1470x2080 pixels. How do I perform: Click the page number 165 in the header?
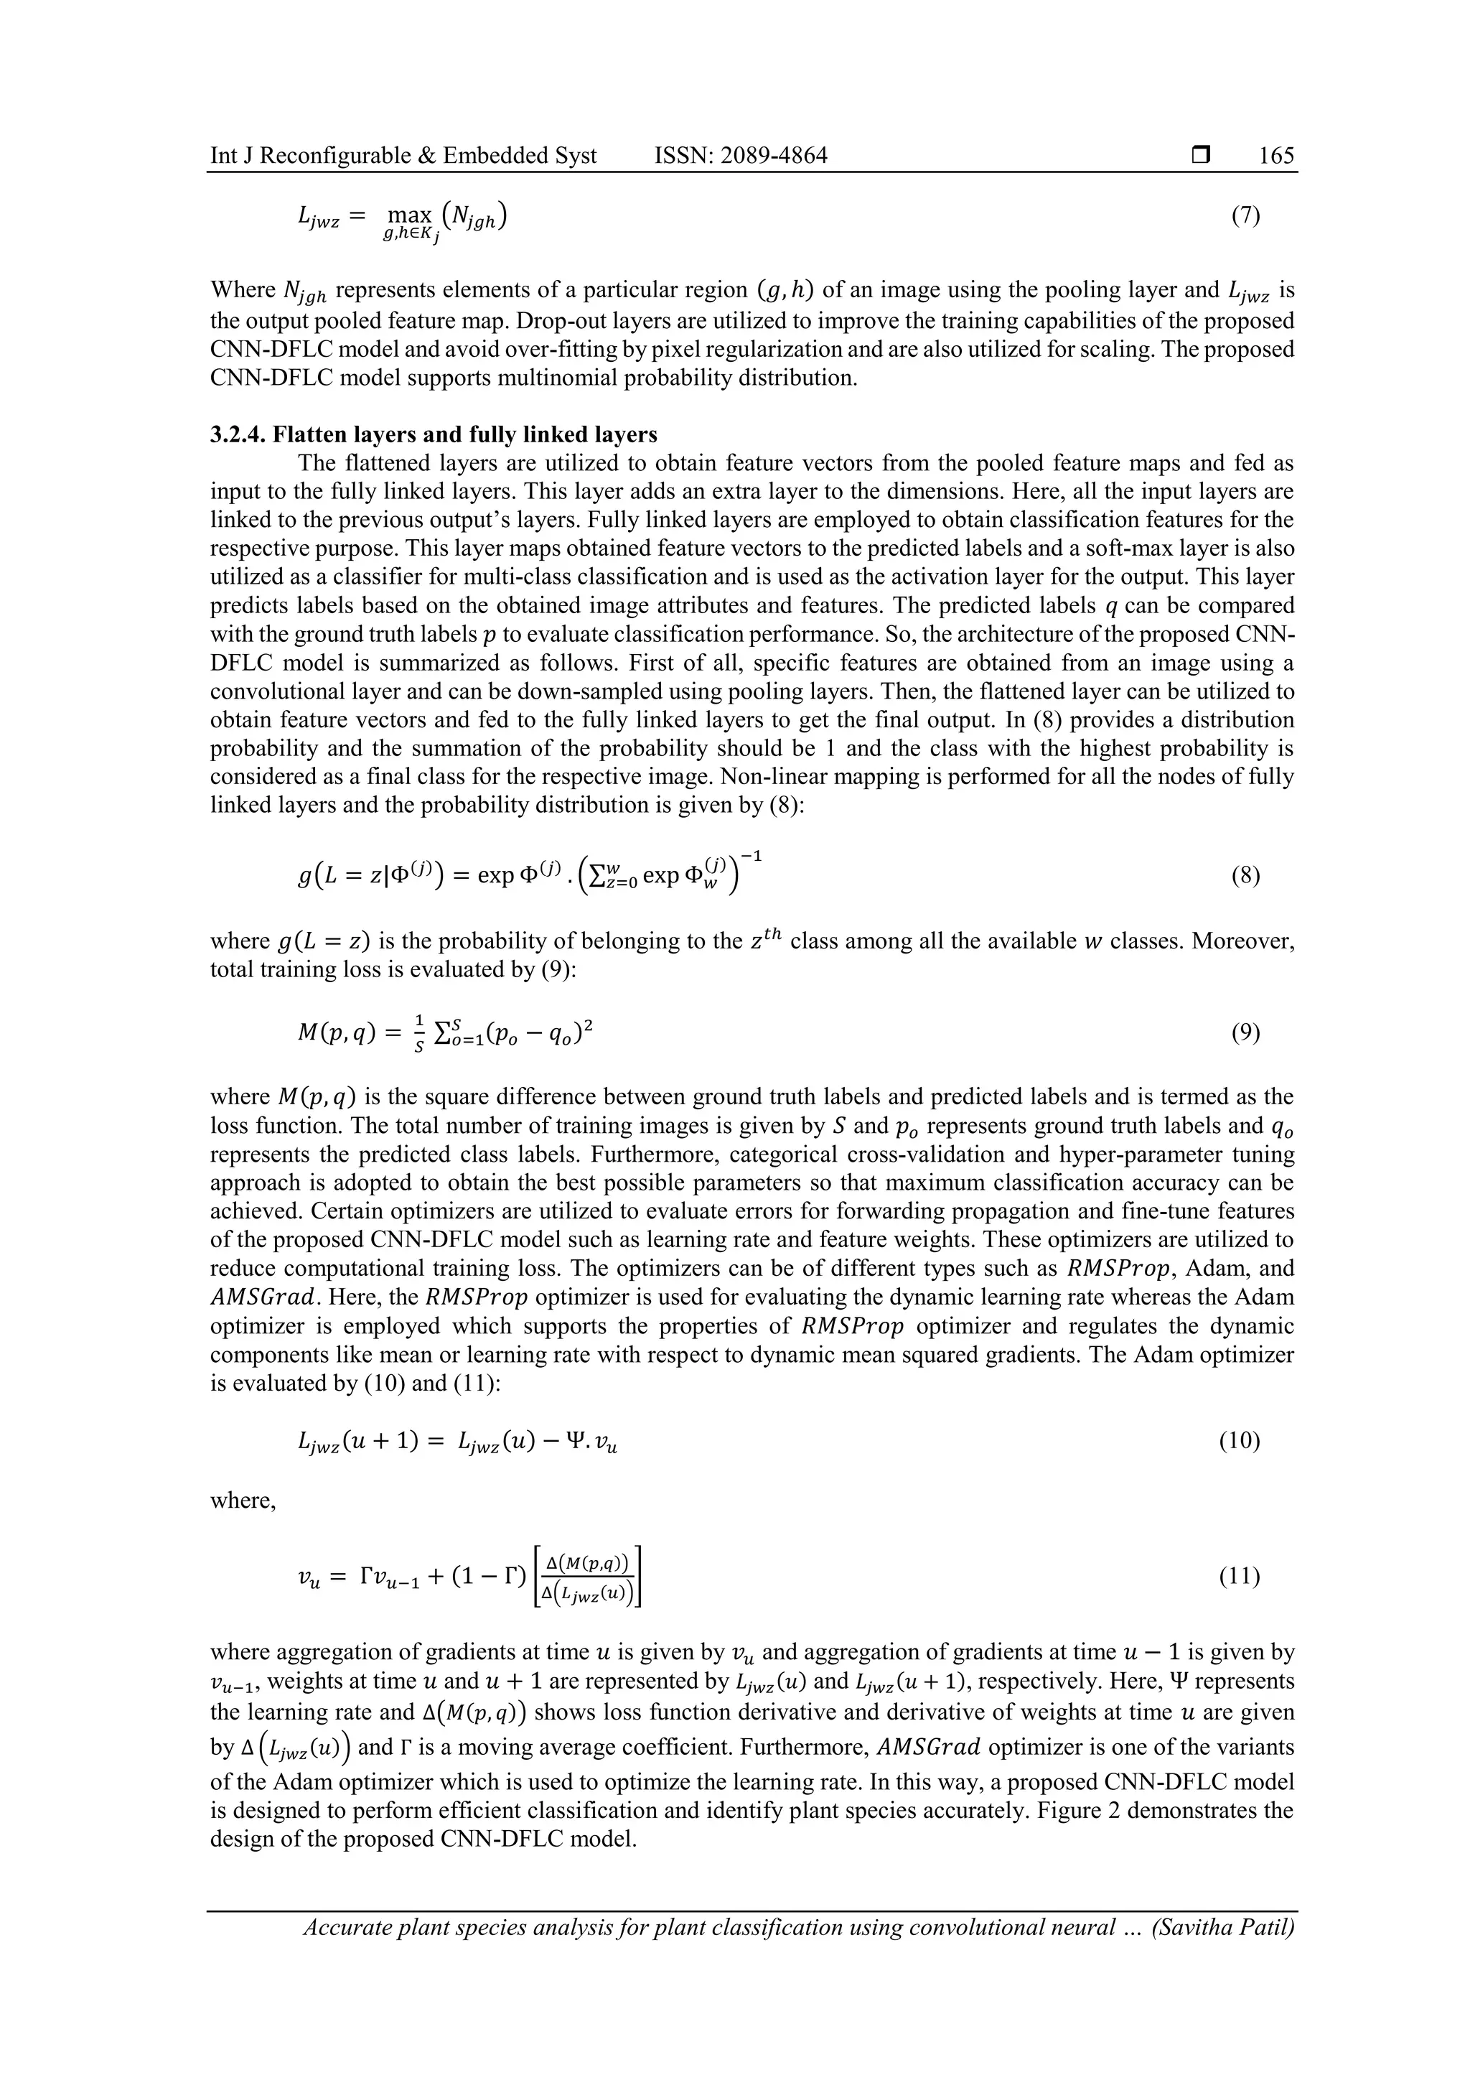tap(1276, 156)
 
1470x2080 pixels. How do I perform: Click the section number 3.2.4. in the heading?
tap(238, 435)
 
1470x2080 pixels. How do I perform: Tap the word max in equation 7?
tap(408, 215)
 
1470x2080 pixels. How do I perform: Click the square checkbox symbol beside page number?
tap(1200, 156)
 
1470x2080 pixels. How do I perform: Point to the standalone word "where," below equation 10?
tap(243, 1501)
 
